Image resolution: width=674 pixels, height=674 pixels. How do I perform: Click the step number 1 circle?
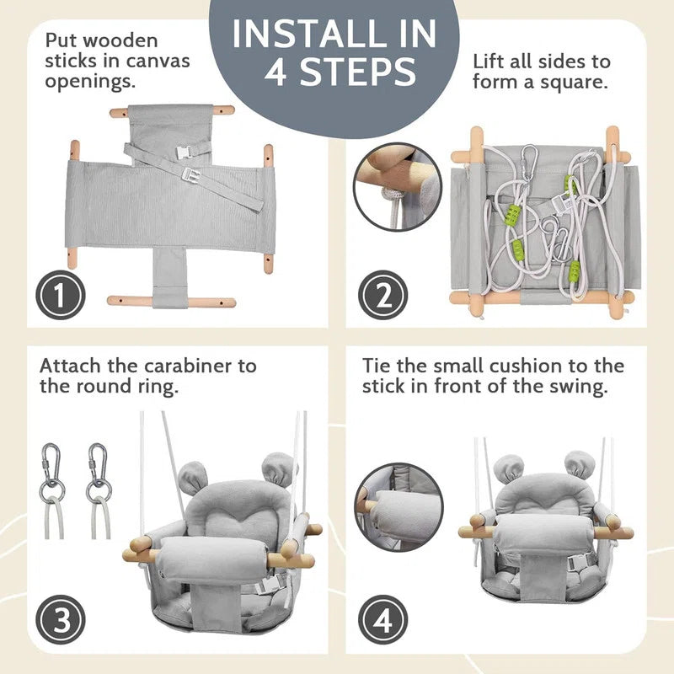[x=61, y=296]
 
